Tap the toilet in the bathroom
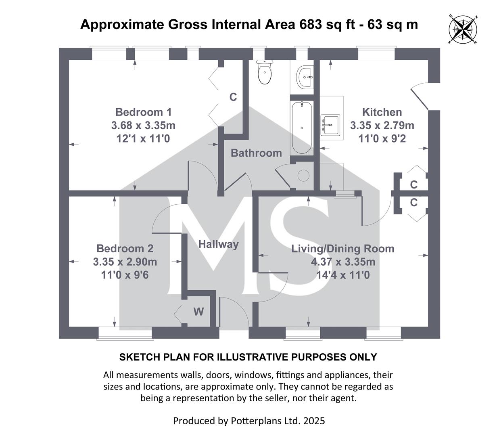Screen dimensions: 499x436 264,72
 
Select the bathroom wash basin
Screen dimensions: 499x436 305,76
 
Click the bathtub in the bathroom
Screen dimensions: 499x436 302,128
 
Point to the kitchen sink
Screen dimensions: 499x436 330,125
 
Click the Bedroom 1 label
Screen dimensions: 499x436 144,112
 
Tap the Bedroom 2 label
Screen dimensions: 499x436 125,249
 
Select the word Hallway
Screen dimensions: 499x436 219,245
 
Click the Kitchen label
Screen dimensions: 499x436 382,112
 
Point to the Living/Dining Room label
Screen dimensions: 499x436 343,249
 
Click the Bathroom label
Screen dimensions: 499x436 256,153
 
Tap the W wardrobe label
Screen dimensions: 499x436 199,312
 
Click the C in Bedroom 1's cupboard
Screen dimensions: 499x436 233,97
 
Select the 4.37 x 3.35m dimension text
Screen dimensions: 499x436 343,262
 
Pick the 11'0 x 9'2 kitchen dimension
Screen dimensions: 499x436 382,138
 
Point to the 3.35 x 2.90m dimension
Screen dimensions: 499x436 125,262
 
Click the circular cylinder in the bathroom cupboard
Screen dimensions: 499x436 303,175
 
